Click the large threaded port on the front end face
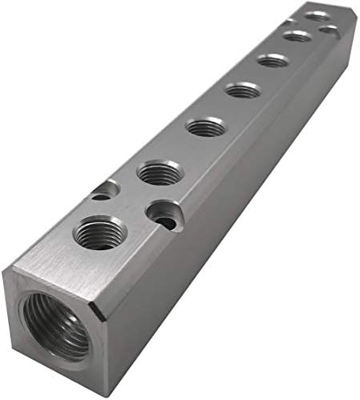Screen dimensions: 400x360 pyautogui.click(x=55, y=325)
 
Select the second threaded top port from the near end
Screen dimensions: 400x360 pyautogui.click(x=160, y=172)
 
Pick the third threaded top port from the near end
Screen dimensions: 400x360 pyautogui.click(x=206, y=127)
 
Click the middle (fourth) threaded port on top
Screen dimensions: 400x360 pyautogui.click(x=243, y=91)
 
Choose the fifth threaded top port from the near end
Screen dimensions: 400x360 pyautogui.click(x=273, y=60)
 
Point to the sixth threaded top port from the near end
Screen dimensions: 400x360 pyautogui.click(x=297, y=36)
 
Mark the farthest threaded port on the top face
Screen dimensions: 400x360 pyautogui.click(x=318, y=15)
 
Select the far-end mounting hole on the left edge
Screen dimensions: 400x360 pyautogui.click(x=287, y=22)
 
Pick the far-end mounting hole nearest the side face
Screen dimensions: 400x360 pyautogui.click(x=328, y=30)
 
